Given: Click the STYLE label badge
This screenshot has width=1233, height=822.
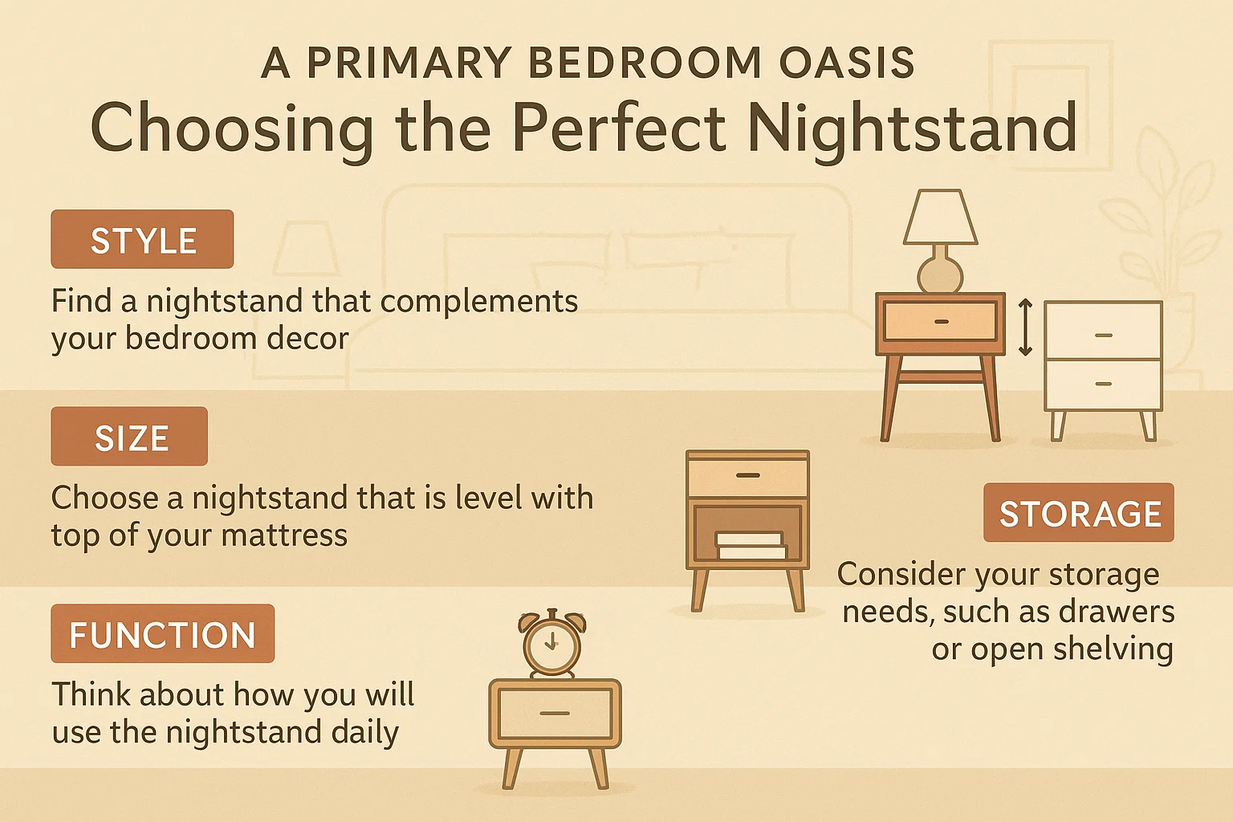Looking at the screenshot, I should pos(142,240).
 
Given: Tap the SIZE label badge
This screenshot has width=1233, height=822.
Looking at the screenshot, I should pos(129,437).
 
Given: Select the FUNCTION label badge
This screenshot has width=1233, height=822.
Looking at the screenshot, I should pos(162,634).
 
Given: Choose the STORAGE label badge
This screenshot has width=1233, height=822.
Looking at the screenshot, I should pos(1079,513).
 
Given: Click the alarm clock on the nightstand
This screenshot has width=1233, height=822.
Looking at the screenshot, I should pos(551,643).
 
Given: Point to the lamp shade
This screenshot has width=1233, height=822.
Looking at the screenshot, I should pos(940,218).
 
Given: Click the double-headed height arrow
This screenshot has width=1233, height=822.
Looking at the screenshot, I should pos(1025,327).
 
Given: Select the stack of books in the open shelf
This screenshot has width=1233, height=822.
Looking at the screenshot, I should pos(750,546).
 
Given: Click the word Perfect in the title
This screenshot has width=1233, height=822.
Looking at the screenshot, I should pos(619,128).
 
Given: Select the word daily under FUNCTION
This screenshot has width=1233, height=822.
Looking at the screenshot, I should pos(366,732).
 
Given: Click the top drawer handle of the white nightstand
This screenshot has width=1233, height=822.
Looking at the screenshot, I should pos(1104,335).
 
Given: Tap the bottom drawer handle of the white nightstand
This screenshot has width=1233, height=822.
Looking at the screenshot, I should pos(1104,384).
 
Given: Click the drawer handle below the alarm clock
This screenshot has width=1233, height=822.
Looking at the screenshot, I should pos(555,713).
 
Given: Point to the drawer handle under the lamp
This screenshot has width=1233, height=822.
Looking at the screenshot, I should pos(942,321).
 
